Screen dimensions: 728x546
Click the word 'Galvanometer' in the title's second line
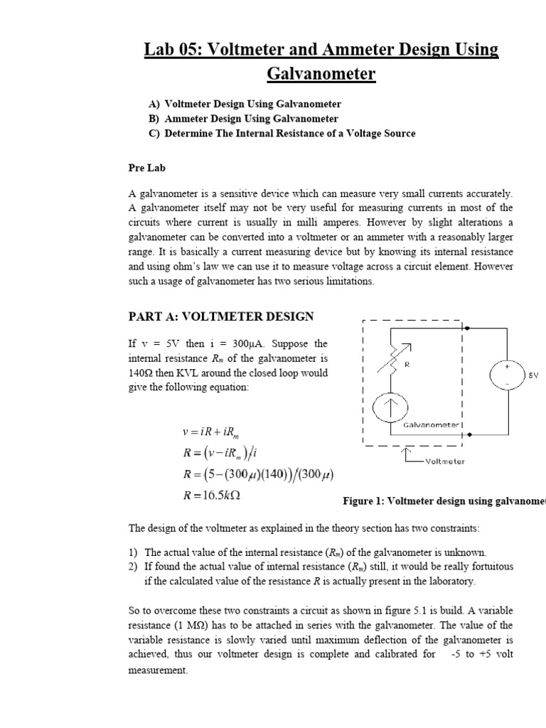pyautogui.click(x=321, y=74)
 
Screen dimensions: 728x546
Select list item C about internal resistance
pyautogui.click(x=282, y=133)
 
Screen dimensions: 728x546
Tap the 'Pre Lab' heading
pyautogui.click(x=142, y=168)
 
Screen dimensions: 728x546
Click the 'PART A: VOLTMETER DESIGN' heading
pyautogui.click(x=220, y=316)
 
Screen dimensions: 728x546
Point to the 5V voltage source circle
pyautogui.click(x=507, y=375)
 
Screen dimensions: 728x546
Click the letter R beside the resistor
pyautogui.click(x=407, y=365)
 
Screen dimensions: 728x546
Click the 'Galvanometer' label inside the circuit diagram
pyautogui.click(x=432, y=425)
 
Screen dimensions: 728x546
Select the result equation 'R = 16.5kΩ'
pyautogui.click(x=210, y=496)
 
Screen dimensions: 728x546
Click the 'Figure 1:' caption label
pyautogui.click(x=365, y=501)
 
